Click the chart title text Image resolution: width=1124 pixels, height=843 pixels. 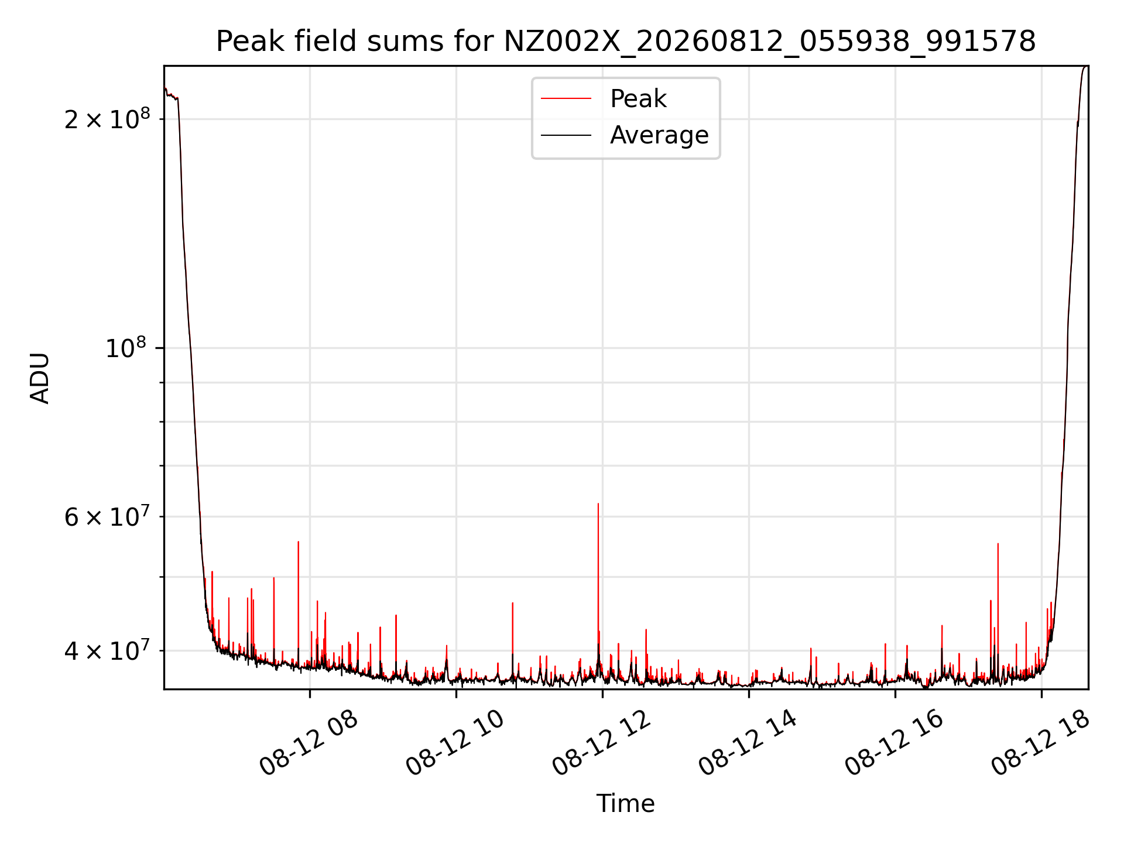(x=626, y=42)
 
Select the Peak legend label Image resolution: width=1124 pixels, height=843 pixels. (x=638, y=99)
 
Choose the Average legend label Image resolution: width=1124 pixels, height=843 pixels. (x=659, y=135)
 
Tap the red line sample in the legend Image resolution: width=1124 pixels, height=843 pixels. (x=566, y=99)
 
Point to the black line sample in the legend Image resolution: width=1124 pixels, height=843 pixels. (x=566, y=135)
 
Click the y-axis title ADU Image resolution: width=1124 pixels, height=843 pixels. (x=40, y=378)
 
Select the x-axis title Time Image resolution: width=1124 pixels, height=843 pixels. (x=625, y=803)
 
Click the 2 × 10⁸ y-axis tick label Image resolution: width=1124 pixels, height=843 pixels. (x=107, y=119)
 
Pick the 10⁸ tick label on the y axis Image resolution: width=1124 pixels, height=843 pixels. (x=125, y=348)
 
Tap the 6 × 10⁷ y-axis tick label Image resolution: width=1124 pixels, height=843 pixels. (x=107, y=516)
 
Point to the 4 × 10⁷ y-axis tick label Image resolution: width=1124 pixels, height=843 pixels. (x=107, y=650)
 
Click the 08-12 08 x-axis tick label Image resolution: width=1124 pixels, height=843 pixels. (x=309, y=743)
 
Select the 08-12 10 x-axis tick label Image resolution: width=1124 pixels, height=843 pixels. (x=455, y=743)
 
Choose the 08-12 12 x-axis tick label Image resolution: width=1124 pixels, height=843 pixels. (x=602, y=743)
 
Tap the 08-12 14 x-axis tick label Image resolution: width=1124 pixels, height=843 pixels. (x=748, y=743)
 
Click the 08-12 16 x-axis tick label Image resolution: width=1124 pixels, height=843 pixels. (x=895, y=743)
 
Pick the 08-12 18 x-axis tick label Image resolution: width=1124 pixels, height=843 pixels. (x=1041, y=743)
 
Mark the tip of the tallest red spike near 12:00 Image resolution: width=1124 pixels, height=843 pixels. (x=598, y=503)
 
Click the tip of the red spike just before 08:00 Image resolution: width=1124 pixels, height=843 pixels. (x=298, y=542)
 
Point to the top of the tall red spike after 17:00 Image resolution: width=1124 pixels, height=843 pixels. (x=998, y=544)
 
